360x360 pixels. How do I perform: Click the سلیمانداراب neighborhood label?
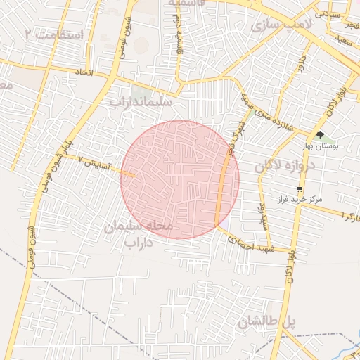pos(145,102)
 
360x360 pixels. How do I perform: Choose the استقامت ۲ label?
pos(53,34)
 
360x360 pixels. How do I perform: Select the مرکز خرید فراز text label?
pos(300,200)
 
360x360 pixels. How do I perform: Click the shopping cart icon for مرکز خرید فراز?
pos(300,188)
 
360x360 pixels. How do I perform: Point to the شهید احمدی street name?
pos(250,243)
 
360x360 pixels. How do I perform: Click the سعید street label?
pos(343,44)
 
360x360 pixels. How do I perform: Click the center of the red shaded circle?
pos(180,179)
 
